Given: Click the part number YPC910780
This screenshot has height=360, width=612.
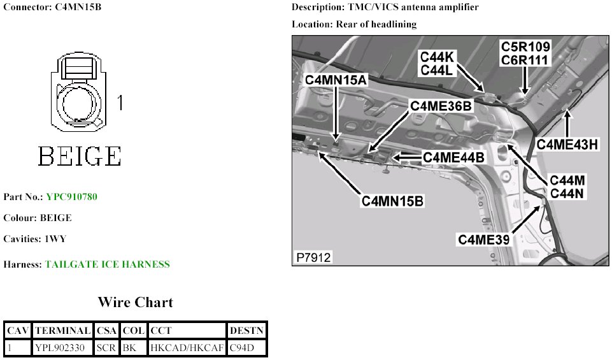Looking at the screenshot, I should pyautogui.click(x=71, y=197).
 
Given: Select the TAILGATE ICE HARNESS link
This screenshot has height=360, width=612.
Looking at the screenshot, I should pyautogui.click(x=108, y=264).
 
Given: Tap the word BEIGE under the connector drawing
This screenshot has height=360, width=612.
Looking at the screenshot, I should pyautogui.click(x=80, y=155).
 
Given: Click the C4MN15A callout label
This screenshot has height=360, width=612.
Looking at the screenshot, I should pyautogui.click(x=336, y=80).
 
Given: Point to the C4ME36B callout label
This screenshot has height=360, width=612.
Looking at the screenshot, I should pyautogui.click(x=441, y=106).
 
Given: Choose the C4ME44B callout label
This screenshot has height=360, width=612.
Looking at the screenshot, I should pyautogui.click(x=453, y=157).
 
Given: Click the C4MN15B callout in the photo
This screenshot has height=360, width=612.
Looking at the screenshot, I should pyautogui.click(x=393, y=201).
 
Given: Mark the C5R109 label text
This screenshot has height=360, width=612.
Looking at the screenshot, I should pyautogui.click(x=525, y=47).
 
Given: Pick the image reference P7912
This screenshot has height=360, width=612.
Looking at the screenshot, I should pyautogui.click(x=313, y=257).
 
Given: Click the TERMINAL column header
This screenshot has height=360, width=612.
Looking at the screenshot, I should pyautogui.click(x=62, y=331).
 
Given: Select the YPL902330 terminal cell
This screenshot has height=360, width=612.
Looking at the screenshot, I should pyautogui.click(x=62, y=348).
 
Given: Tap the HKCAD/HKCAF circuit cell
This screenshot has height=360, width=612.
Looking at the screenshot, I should pyautogui.click(x=187, y=348).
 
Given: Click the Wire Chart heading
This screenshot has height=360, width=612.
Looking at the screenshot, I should pyautogui.click(x=135, y=302).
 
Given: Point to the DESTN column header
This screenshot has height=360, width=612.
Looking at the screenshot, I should pyautogui.click(x=246, y=331).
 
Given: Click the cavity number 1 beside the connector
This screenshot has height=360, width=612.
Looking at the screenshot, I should pyautogui.click(x=119, y=102).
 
